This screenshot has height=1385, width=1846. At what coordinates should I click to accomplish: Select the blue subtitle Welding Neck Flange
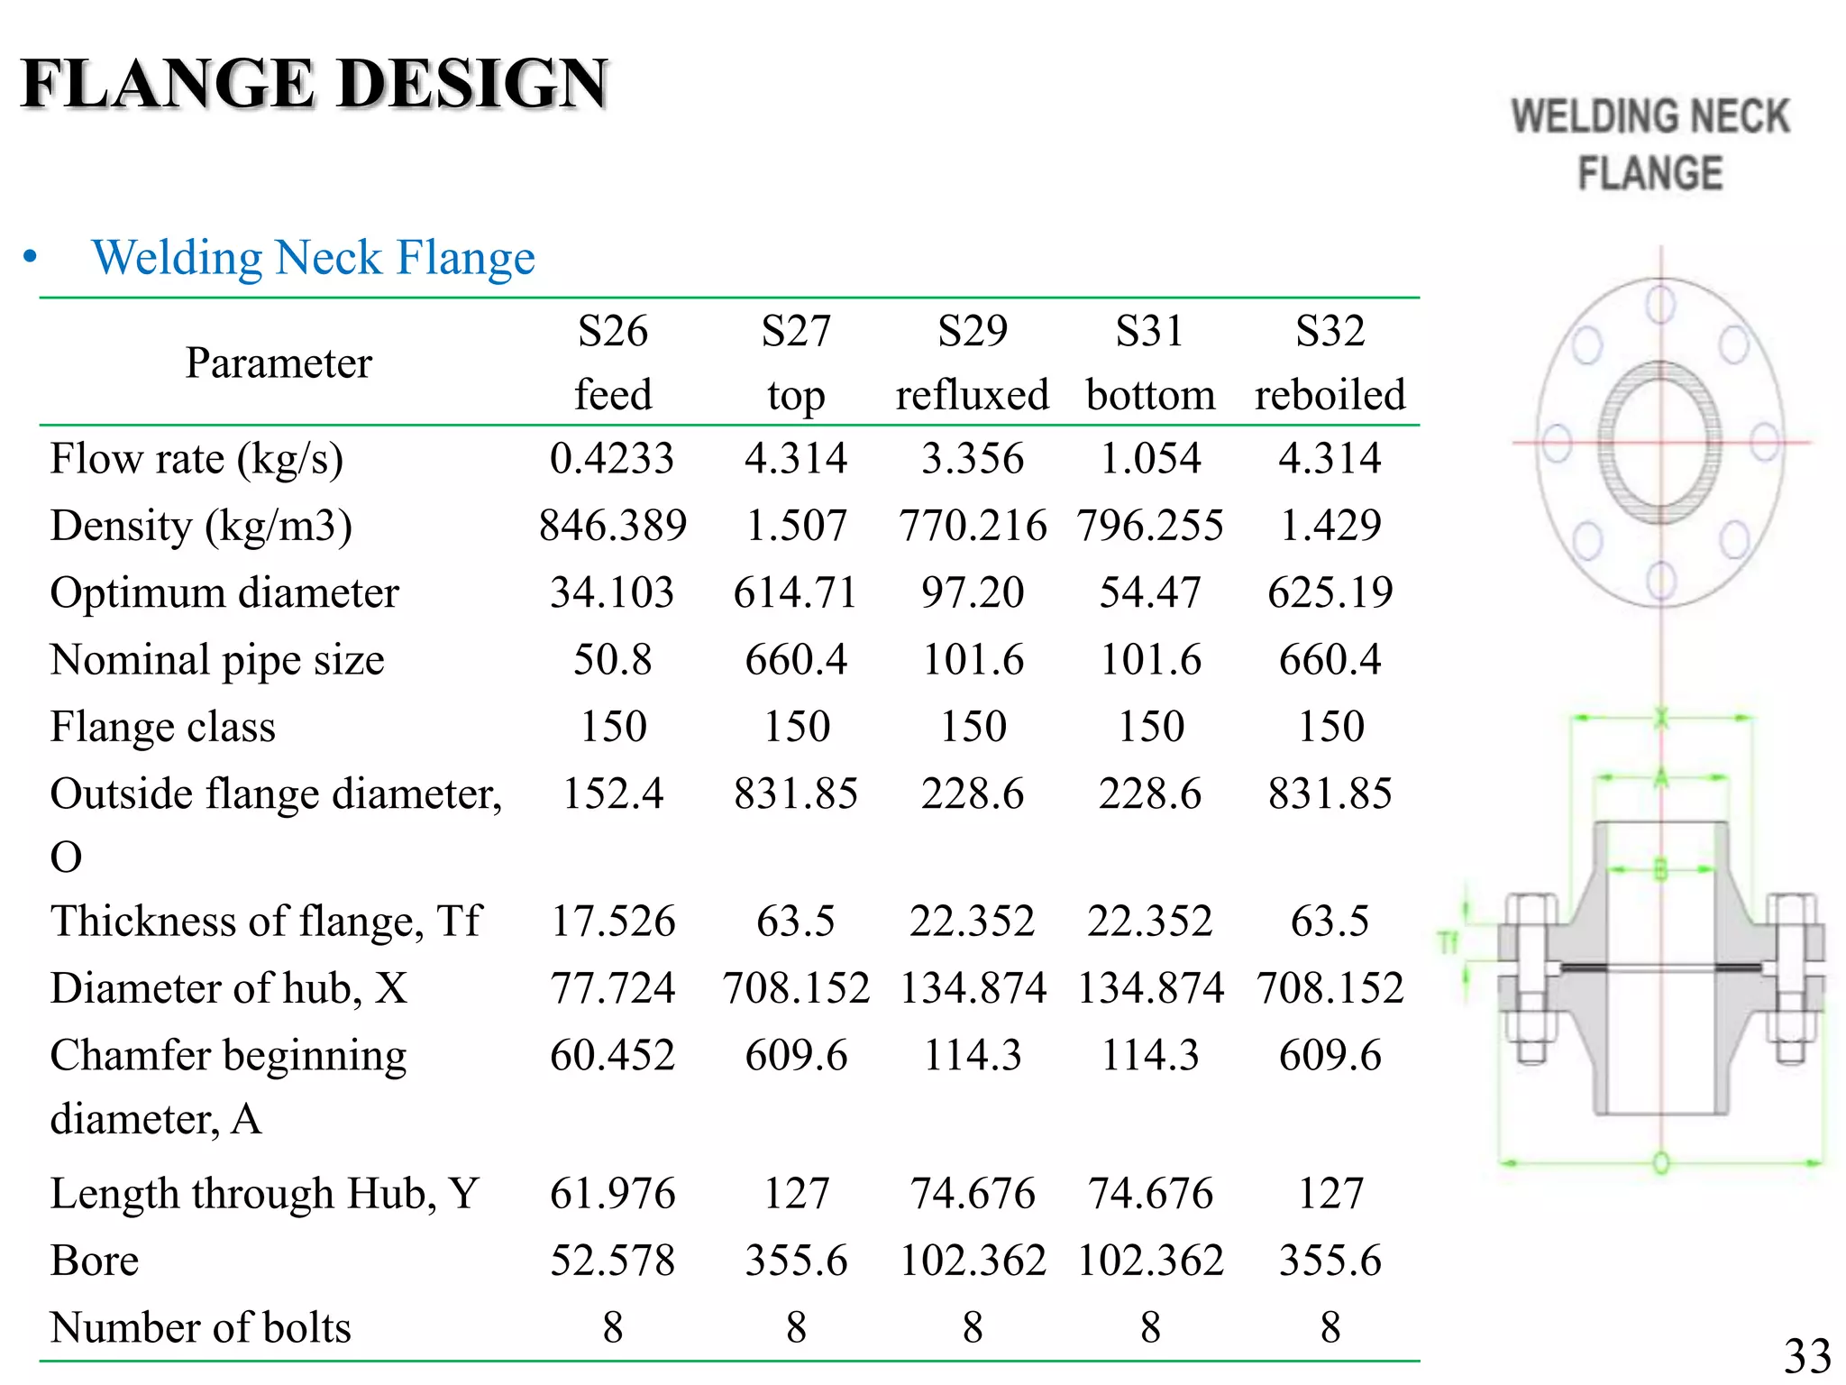(313, 258)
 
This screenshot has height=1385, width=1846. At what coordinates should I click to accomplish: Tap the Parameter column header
(279, 363)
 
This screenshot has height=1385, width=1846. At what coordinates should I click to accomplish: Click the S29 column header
(972, 331)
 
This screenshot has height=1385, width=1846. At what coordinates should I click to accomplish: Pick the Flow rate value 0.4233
(612, 458)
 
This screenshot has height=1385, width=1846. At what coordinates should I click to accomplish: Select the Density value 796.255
(1150, 525)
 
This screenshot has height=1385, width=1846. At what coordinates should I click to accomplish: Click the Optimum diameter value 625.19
(1330, 592)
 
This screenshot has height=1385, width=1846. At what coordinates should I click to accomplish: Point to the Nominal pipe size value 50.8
(612, 659)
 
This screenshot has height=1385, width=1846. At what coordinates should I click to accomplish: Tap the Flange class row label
(163, 727)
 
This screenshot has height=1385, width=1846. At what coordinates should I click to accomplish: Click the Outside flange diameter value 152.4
(612, 793)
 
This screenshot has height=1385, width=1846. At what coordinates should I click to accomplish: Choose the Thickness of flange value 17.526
(612, 921)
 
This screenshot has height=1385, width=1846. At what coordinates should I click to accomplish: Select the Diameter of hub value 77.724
(612, 987)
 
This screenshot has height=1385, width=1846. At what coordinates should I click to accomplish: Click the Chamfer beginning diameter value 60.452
(612, 1055)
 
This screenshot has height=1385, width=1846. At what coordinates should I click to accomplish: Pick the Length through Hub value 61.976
(612, 1193)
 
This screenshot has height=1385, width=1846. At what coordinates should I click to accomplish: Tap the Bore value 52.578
(612, 1261)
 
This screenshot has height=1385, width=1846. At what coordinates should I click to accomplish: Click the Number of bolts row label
(200, 1327)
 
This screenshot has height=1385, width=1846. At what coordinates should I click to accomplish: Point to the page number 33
(1806, 1356)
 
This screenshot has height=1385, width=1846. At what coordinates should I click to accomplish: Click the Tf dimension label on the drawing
(1448, 943)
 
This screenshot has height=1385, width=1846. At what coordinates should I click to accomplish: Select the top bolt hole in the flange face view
(1660, 304)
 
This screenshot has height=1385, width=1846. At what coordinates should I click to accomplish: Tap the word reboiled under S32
(1330, 395)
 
